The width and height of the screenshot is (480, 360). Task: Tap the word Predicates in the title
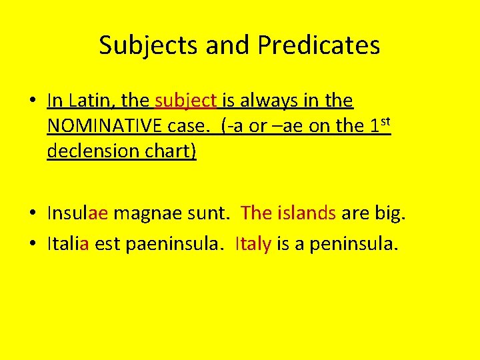click(x=319, y=46)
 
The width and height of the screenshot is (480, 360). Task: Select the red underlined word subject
click(x=186, y=101)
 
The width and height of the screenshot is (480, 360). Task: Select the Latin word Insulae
click(x=77, y=214)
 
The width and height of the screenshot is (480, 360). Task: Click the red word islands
click(x=307, y=214)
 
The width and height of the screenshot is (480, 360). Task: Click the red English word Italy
click(x=253, y=244)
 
